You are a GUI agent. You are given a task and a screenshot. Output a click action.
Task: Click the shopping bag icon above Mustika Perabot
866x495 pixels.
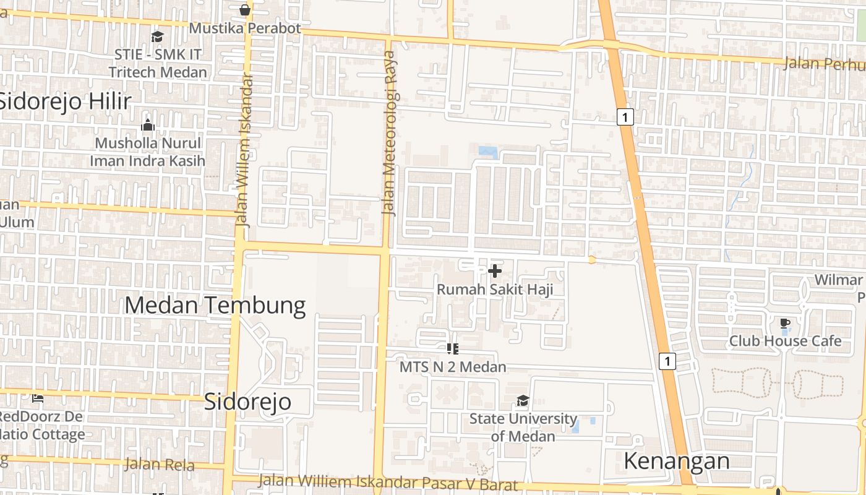(x=245, y=10)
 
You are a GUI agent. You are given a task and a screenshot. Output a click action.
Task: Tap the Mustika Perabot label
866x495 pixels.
(x=245, y=28)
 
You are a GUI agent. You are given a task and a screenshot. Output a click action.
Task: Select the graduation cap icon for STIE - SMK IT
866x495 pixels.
(x=157, y=37)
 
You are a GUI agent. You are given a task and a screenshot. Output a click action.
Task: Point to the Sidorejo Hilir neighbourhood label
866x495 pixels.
(x=65, y=101)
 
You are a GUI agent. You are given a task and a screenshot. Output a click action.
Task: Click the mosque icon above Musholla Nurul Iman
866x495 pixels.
(x=148, y=126)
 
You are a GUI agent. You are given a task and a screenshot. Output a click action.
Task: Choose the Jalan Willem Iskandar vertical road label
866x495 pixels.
(x=246, y=150)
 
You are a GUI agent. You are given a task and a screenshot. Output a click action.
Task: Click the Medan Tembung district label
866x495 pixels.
(x=215, y=306)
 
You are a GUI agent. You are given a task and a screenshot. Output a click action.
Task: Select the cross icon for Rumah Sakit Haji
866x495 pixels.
(x=495, y=271)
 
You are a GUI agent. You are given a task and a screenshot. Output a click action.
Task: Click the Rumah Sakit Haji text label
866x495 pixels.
(x=495, y=290)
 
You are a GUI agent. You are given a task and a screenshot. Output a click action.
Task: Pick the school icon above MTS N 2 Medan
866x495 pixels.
(x=452, y=350)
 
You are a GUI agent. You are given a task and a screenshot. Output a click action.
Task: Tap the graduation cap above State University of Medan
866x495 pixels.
(x=523, y=401)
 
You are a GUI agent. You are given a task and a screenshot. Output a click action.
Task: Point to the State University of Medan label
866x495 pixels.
(x=523, y=427)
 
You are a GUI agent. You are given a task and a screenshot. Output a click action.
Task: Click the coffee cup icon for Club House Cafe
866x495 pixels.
(x=785, y=323)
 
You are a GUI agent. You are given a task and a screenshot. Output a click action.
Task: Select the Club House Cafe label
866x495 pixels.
(x=785, y=341)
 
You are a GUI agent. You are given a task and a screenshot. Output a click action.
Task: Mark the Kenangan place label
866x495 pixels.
(x=677, y=461)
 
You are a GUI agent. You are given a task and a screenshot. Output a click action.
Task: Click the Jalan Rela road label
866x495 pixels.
(x=160, y=465)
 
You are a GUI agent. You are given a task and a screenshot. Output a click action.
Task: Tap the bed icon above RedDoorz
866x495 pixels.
(x=38, y=398)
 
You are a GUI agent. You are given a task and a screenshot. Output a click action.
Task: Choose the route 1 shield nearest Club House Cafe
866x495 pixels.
(x=667, y=361)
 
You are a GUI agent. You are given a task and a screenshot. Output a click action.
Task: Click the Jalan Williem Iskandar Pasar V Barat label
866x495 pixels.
(x=387, y=482)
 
